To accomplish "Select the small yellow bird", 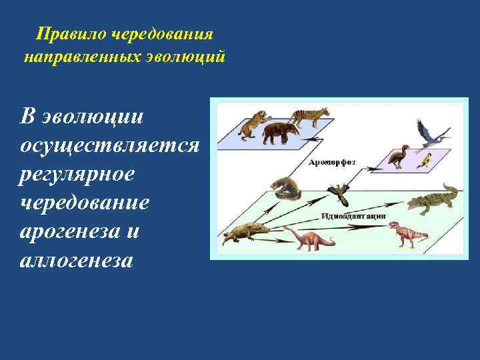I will pos(425,160).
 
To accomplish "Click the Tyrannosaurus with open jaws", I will pos(407,233).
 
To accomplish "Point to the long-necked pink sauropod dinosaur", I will pos(309,238).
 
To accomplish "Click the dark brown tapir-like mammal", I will pos(281,133).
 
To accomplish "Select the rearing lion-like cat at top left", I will pos(253,125).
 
